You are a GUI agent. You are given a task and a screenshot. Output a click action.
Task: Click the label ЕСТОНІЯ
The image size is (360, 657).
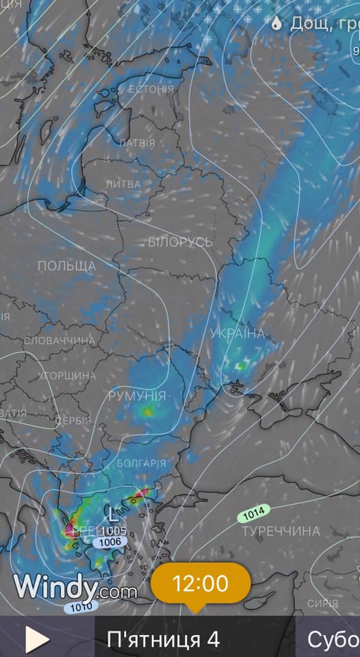151,89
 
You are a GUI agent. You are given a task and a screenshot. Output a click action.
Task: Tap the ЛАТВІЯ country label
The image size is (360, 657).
137,143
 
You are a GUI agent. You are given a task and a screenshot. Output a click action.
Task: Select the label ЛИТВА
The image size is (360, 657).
123,184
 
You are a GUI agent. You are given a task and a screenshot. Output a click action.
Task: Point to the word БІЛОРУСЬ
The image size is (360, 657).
180,242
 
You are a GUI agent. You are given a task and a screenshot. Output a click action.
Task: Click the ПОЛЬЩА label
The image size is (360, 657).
66,266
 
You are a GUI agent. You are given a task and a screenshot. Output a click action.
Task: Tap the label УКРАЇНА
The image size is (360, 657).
237,333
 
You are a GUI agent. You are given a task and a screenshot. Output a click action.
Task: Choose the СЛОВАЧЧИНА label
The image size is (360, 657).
59,341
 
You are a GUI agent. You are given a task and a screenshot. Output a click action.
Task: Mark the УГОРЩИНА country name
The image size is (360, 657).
66,376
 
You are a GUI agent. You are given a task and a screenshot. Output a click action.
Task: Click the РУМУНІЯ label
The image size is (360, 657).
137,396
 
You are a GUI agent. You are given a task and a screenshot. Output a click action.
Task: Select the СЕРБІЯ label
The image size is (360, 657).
73,420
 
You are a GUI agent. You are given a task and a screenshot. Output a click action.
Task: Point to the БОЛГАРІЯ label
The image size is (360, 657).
141,463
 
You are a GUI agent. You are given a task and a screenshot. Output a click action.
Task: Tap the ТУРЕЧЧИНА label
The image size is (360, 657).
281,531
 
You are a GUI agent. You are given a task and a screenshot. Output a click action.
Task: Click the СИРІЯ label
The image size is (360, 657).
322,603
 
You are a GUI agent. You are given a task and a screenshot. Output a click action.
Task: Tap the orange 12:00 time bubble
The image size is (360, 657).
201,584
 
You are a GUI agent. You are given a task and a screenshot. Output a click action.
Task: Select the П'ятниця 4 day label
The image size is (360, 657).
163,640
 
